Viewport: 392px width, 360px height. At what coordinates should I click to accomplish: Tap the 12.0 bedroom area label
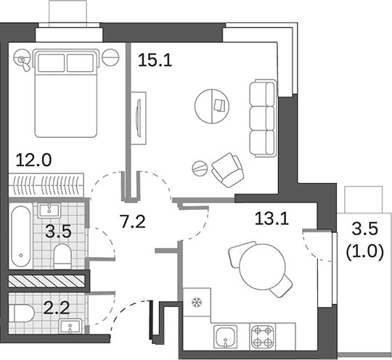point(33,159)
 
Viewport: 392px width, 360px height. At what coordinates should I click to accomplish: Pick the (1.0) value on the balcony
point(364,253)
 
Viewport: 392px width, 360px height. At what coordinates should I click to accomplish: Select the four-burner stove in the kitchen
point(262,336)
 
